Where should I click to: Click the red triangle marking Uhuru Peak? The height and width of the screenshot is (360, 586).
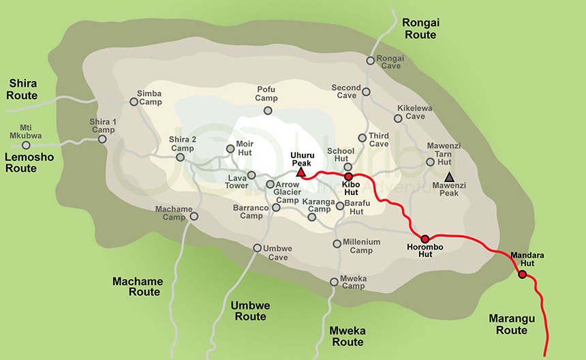pyautogui.click(x=301, y=173)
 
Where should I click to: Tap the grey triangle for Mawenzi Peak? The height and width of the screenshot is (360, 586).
pyautogui.click(x=449, y=177)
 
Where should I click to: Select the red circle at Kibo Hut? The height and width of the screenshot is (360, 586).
pyautogui.click(x=348, y=176)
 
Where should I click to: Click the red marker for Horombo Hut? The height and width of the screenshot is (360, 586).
pyautogui.click(x=425, y=239)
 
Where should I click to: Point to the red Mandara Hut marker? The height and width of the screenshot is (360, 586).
pyautogui.click(x=522, y=275)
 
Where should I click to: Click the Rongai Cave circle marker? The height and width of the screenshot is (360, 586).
pyautogui.click(x=370, y=60)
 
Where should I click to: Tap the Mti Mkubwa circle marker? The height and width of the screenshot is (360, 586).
pyautogui.click(x=27, y=145)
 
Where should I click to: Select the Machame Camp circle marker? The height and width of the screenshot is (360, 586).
pyautogui.click(x=194, y=216)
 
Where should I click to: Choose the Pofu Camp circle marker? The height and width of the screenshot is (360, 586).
pyautogui.click(x=268, y=110)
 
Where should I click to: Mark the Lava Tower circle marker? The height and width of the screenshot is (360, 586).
pyautogui.click(x=251, y=175)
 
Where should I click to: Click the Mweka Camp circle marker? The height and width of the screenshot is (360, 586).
pyautogui.click(x=333, y=281)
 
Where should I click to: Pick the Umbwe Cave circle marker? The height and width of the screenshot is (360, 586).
pyautogui.click(x=258, y=247)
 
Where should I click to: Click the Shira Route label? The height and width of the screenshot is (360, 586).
pyautogui.click(x=22, y=89)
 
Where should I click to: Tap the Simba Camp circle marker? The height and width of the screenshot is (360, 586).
pyautogui.click(x=134, y=102)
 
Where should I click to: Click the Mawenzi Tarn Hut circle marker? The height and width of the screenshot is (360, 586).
pyautogui.click(x=430, y=162)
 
